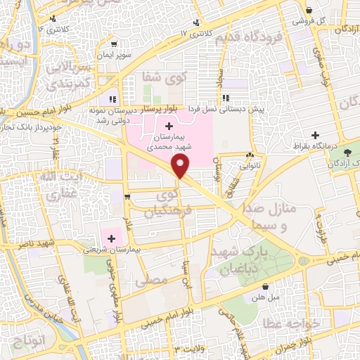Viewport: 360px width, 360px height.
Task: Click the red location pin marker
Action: [181, 167]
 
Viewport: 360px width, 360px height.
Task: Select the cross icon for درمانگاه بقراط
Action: [316, 134]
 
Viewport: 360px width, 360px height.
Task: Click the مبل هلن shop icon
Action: [265, 286]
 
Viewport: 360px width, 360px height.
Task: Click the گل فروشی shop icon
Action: [309, 10]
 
